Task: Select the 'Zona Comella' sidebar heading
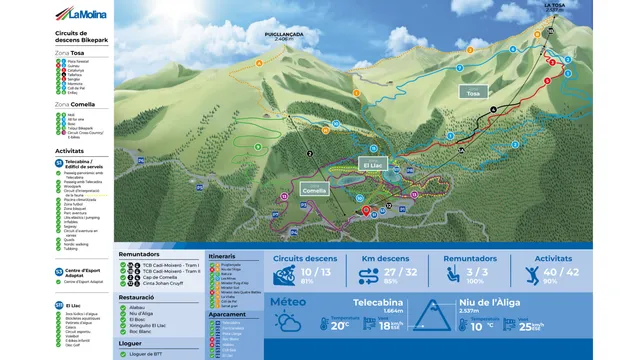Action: [x=75, y=104]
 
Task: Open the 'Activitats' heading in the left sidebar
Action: [x=70, y=150]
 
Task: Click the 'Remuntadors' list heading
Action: [x=140, y=255]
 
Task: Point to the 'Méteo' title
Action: [x=288, y=299]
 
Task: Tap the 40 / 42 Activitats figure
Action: [x=565, y=271]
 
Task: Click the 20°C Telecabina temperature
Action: [x=339, y=325]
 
